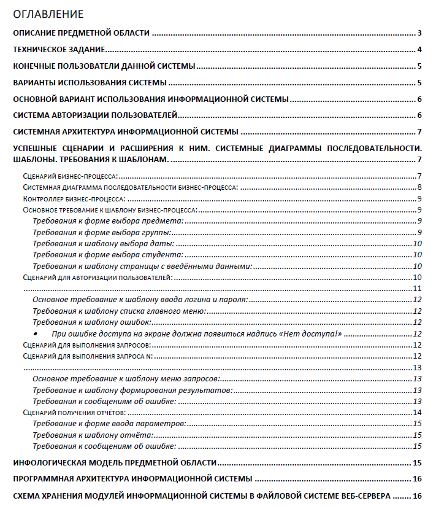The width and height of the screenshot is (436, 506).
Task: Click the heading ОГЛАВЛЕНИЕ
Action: click(x=48, y=14)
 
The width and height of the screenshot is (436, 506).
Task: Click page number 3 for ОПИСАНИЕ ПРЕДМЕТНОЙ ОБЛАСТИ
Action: click(x=419, y=33)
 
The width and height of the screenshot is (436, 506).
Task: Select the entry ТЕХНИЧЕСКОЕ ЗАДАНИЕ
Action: click(x=60, y=50)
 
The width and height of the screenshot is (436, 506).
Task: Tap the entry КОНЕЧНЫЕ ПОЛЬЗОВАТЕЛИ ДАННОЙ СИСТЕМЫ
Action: click(x=104, y=66)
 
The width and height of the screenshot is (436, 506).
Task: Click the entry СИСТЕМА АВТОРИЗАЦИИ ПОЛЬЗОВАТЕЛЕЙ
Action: click(x=95, y=115)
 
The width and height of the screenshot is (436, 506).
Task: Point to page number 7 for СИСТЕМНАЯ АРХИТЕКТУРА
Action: click(x=419, y=131)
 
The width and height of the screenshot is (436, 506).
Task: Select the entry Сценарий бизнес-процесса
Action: click(x=69, y=177)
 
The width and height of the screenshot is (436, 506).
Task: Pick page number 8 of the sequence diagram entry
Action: click(x=419, y=187)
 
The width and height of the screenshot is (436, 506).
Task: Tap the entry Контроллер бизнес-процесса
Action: click(x=74, y=198)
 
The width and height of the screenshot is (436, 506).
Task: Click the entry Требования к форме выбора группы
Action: click(x=101, y=232)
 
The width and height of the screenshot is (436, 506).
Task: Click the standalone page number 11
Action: click(x=417, y=289)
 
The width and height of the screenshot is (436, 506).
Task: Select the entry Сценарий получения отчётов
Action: click(x=74, y=412)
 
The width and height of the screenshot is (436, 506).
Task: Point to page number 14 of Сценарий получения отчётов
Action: click(x=417, y=412)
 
